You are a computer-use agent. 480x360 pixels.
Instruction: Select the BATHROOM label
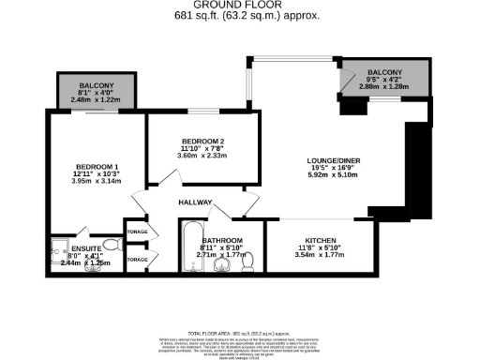223,240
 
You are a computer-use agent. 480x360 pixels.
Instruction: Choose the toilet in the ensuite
110,246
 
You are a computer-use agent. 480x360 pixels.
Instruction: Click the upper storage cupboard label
138,230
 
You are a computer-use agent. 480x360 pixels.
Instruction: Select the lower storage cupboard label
138,259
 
